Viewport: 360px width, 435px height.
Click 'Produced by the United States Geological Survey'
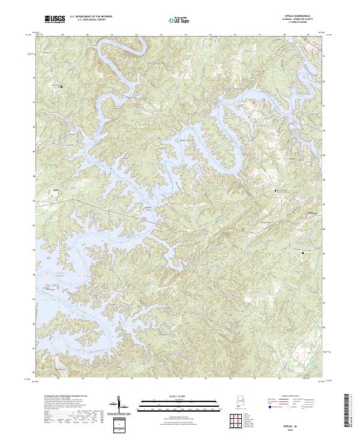(64, 397)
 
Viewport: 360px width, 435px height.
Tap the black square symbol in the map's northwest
(61, 86)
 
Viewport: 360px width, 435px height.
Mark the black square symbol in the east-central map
(275, 191)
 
